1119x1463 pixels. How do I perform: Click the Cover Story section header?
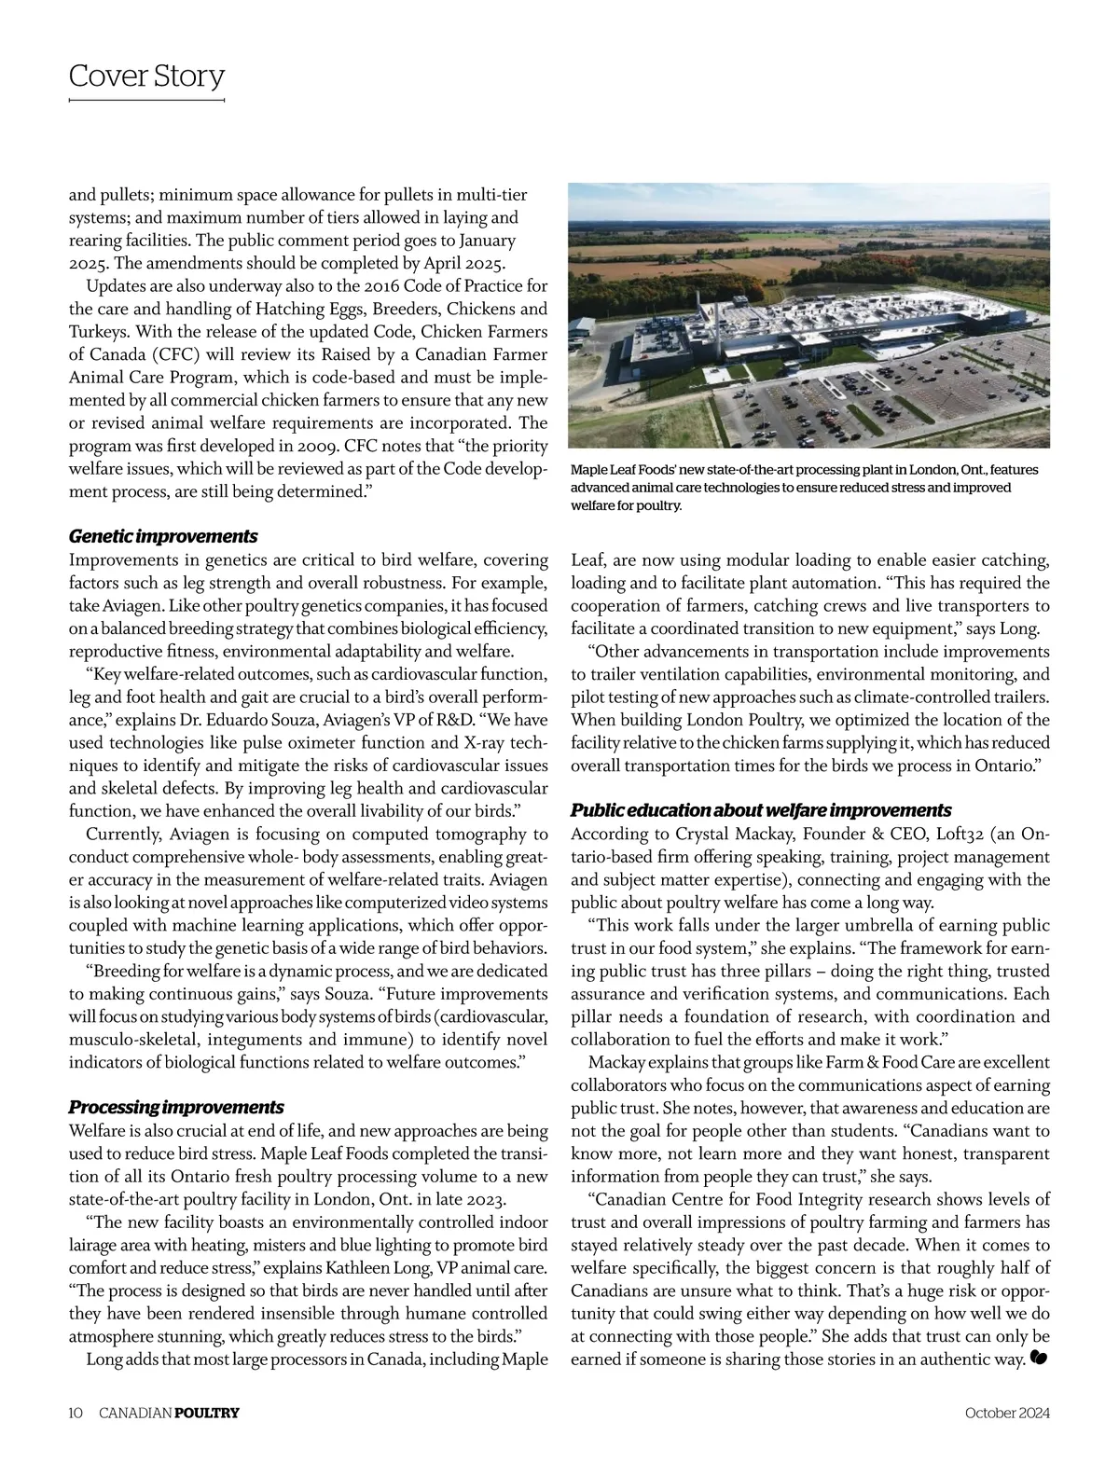(x=146, y=76)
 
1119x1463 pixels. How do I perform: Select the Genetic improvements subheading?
(x=163, y=536)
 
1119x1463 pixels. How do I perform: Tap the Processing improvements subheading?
(x=176, y=1107)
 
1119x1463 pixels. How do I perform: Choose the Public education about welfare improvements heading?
(x=761, y=809)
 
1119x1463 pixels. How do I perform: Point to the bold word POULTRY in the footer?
(x=207, y=1413)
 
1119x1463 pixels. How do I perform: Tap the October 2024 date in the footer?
(x=1008, y=1413)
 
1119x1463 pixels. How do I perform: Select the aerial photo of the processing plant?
(x=809, y=315)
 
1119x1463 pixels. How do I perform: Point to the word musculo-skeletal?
(x=131, y=1039)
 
